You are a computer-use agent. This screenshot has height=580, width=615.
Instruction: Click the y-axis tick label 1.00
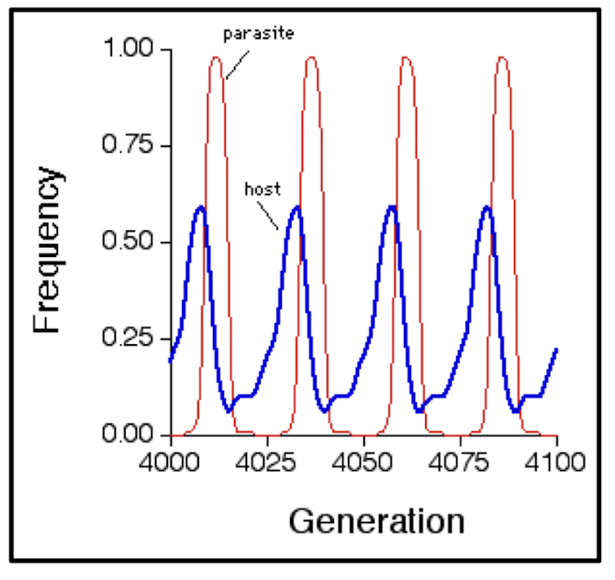coord(133,50)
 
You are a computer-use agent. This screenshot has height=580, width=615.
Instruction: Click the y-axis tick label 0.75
coord(133,146)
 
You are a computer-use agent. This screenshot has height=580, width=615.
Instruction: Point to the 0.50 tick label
coord(133,242)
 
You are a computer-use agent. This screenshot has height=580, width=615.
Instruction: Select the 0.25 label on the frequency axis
coord(133,339)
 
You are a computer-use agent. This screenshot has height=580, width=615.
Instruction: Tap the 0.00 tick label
coord(133,434)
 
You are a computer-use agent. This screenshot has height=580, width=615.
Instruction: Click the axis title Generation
coord(376,521)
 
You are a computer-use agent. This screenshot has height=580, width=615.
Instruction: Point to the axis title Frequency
coord(49,250)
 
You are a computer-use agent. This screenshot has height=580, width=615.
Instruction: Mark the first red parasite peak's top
coord(216,57)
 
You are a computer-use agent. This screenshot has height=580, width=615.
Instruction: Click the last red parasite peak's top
coord(501,57)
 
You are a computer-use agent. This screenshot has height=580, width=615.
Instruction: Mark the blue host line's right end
coord(556,350)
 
